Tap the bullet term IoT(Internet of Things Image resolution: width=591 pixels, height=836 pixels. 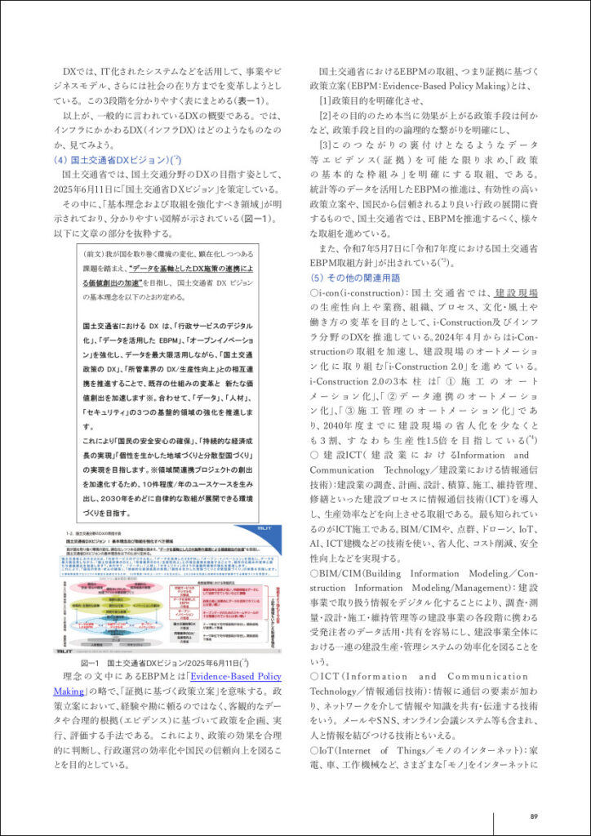coord(367,750)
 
